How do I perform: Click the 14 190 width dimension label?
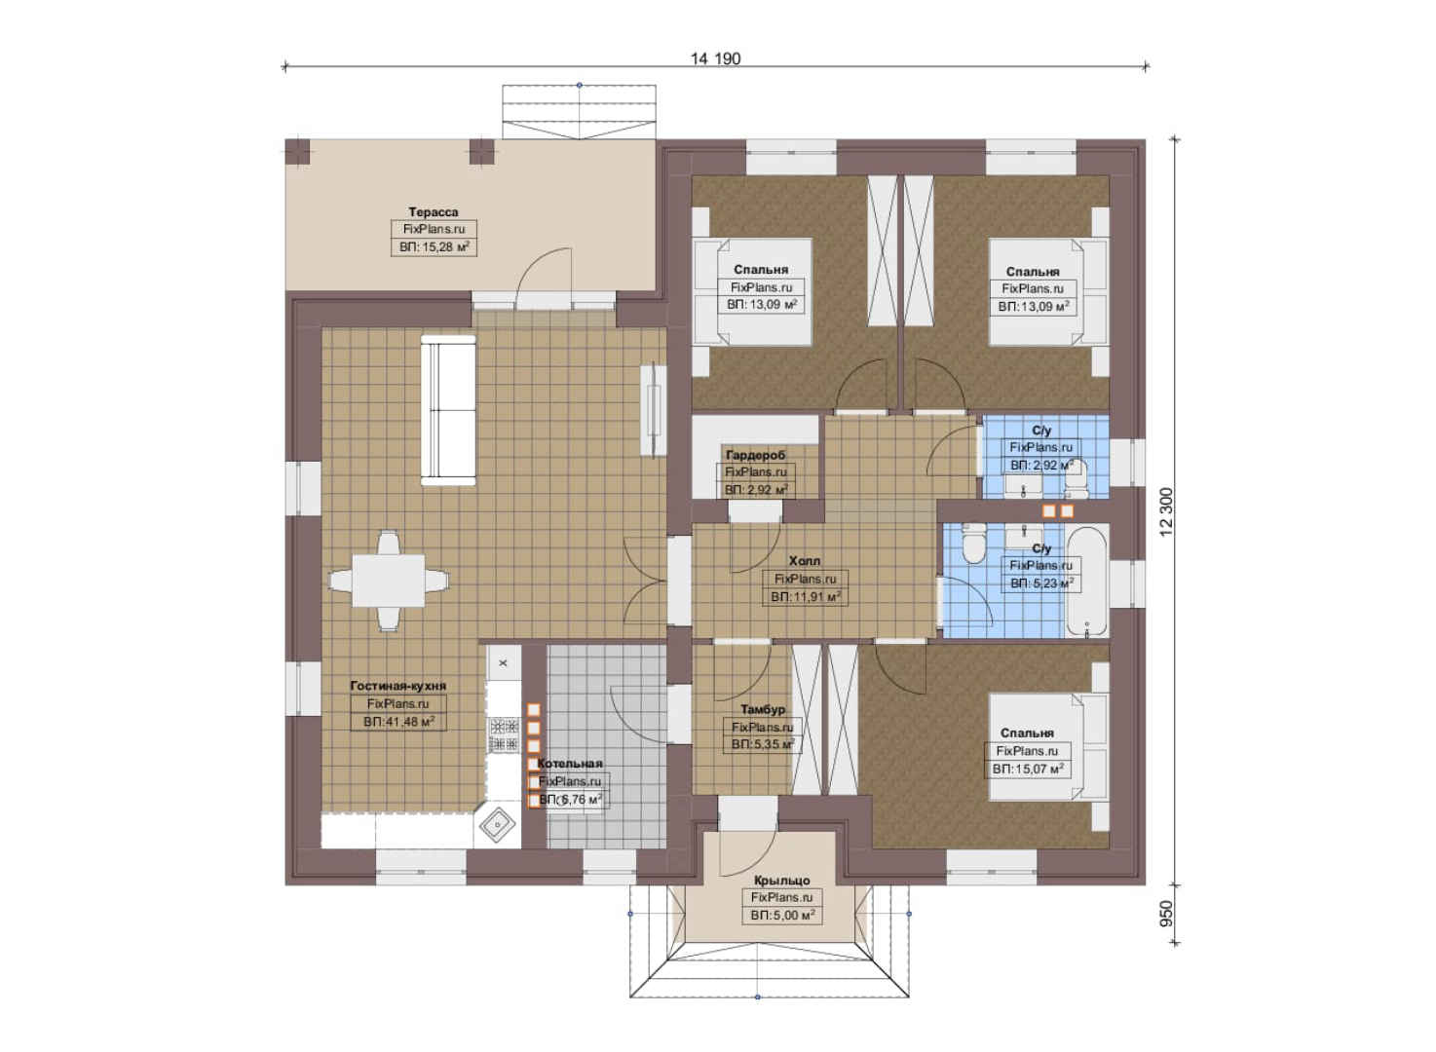click(715, 59)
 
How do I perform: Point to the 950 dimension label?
click(1166, 914)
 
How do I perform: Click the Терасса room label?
click(434, 211)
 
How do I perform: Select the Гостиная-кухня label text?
click(397, 686)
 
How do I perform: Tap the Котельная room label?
click(569, 764)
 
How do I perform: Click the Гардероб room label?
click(755, 455)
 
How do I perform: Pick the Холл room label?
click(804, 561)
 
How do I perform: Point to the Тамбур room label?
click(762, 710)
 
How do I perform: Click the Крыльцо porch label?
click(781, 881)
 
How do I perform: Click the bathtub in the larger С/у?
click(1086, 582)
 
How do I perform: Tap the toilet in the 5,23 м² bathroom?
click(974, 543)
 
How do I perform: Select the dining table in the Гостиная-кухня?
click(388, 581)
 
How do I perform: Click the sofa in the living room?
click(448, 410)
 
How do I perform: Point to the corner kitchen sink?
click(498, 826)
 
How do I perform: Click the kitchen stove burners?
click(504, 735)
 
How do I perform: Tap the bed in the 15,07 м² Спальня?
click(1048, 747)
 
